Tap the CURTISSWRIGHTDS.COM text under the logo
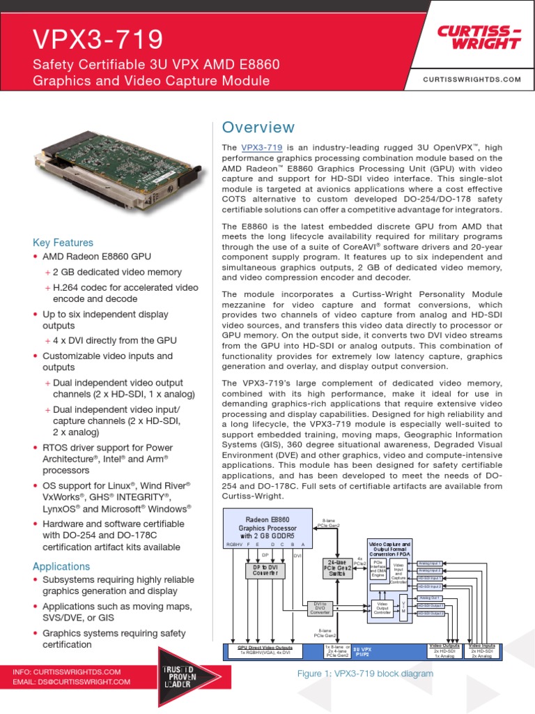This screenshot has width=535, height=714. (x=472, y=80)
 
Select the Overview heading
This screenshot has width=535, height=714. (x=258, y=128)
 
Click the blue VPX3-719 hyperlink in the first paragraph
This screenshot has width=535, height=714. (x=261, y=148)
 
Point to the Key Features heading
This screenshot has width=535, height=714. (x=63, y=243)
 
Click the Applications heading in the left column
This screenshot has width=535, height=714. (x=61, y=566)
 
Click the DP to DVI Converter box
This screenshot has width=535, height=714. (x=264, y=570)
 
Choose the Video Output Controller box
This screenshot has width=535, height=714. (x=382, y=608)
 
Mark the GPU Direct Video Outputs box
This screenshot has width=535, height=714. (x=265, y=651)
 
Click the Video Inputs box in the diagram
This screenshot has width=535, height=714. (x=483, y=651)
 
